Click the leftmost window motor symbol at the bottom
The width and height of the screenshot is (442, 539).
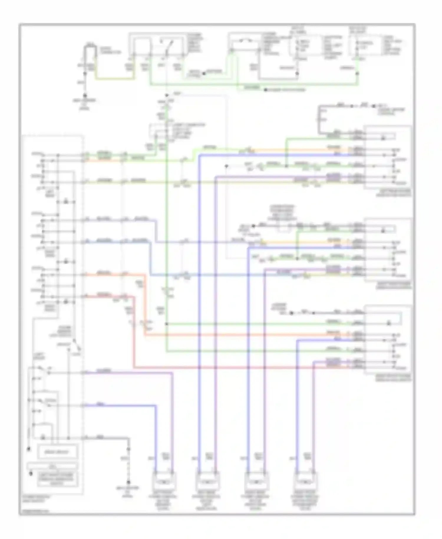coord(164,482)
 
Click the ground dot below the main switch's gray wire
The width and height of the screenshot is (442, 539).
coord(128,482)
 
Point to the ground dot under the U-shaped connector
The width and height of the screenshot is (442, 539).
coord(85,95)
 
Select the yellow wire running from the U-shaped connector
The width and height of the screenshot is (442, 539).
coord(115,79)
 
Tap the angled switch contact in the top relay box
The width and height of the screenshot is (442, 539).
coord(169,47)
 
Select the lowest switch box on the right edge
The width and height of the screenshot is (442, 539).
coord(388,339)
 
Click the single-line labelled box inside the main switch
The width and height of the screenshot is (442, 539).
coord(57,452)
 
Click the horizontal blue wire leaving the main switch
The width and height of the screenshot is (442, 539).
coord(118,406)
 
